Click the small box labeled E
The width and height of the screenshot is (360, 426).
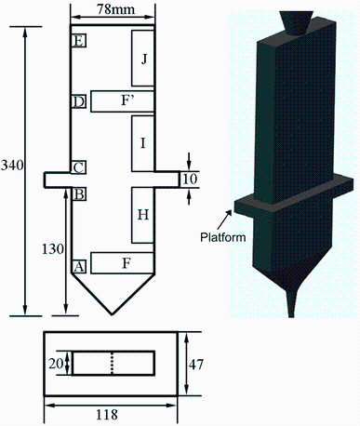click(x=79, y=40)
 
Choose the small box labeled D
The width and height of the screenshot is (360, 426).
click(x=79, y=100)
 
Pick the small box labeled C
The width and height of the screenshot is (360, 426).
click(x=79, y=167)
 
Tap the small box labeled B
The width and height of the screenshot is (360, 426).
click(x=79, y=194)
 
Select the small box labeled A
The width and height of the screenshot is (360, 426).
click(x=79, y=266)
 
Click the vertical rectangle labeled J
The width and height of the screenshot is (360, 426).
click(x=142, y=59)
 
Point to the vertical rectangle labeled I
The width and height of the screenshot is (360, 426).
click(x=142, y=143)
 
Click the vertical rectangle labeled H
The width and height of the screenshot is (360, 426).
click(x=142, y=214)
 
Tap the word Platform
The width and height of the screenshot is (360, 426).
click(x=222, y=237)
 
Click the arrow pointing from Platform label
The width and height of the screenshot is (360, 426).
click(x=227, y=218)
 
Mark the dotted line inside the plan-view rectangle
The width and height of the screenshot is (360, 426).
click(x=113, y=363)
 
